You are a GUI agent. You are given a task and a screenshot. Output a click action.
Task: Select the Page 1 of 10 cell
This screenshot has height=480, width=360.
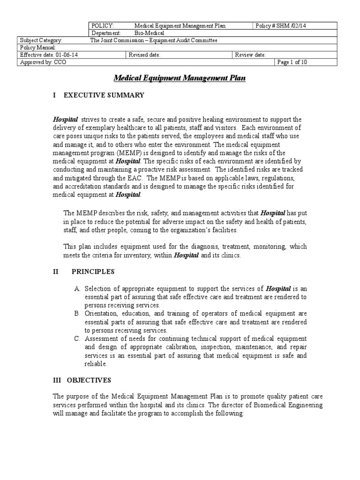click(x=292, y=62)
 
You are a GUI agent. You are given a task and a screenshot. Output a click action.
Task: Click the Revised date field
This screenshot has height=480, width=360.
click(x=145, y=55)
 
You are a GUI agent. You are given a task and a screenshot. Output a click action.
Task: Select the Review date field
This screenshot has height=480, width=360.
click(x=250, y=55)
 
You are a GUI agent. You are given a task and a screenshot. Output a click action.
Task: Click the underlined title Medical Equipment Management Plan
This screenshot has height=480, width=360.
click(x=180, y=79)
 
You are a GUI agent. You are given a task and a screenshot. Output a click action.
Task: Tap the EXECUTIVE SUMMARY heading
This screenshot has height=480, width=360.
click(x=104, y=95)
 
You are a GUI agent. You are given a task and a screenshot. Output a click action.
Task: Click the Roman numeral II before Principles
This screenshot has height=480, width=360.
click(x=56, y=271)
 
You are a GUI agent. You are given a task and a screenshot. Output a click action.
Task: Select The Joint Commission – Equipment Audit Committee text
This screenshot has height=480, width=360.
click(x=153, y=40)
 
